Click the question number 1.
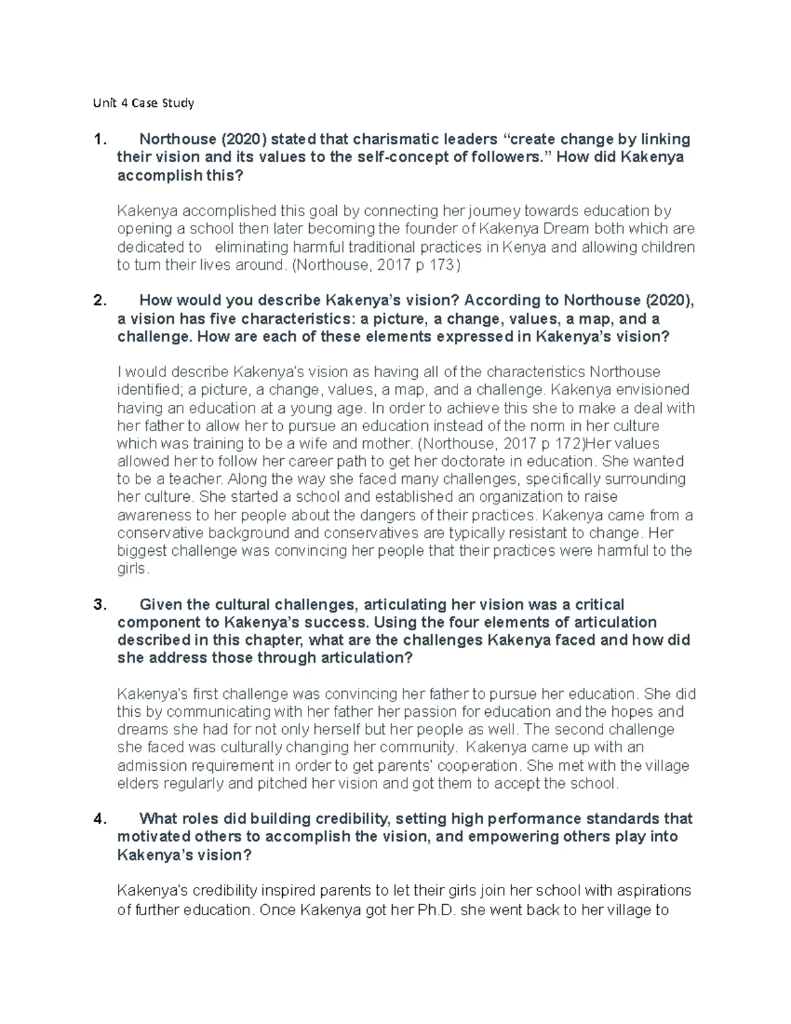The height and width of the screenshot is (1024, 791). [x=100, y=140]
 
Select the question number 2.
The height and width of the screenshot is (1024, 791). [x=100, y=301]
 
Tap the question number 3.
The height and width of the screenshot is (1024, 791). [x=100, y=605]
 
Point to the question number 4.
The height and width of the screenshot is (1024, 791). [x=100, y=819]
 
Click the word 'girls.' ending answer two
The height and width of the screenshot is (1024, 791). [x=134, y=568]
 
